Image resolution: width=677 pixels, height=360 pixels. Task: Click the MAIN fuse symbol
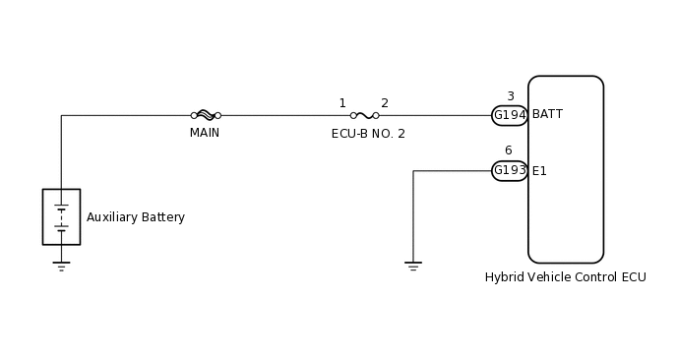206,115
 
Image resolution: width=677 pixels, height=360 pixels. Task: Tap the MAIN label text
205,133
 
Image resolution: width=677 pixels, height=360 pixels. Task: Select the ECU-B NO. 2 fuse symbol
364,115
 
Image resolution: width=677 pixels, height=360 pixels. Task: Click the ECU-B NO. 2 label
368,134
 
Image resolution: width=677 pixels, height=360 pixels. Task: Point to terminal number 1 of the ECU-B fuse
342,103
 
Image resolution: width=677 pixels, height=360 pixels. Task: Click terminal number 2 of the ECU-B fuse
385,103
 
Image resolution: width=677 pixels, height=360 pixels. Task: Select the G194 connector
510,115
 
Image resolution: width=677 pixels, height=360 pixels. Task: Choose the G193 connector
510,170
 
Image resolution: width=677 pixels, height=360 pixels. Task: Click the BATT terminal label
547,114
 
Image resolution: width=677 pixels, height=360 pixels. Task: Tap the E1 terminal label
539,171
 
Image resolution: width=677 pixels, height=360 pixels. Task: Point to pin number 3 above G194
510,96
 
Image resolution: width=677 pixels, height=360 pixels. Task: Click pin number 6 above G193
508,150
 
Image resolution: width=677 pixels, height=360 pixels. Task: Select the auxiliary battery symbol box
61,216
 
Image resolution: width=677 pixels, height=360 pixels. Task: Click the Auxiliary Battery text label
136,217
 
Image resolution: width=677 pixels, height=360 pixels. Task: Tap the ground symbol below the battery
61,266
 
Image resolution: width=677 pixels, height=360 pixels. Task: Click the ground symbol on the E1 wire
413,266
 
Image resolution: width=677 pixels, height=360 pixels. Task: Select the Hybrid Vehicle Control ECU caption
565,277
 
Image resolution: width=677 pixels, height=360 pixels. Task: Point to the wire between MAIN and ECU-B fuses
285,115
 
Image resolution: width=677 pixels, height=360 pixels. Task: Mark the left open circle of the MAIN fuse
194,115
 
